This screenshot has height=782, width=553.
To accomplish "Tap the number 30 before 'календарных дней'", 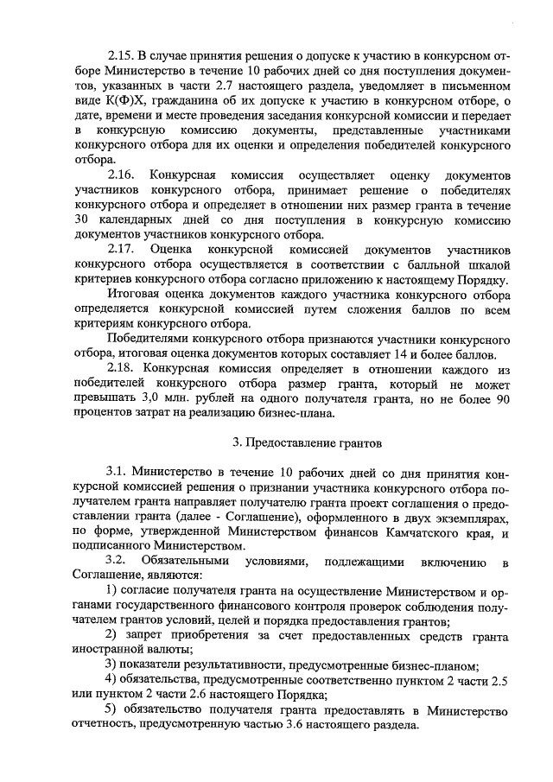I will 85,221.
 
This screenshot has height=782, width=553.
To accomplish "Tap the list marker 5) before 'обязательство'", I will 111,711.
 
